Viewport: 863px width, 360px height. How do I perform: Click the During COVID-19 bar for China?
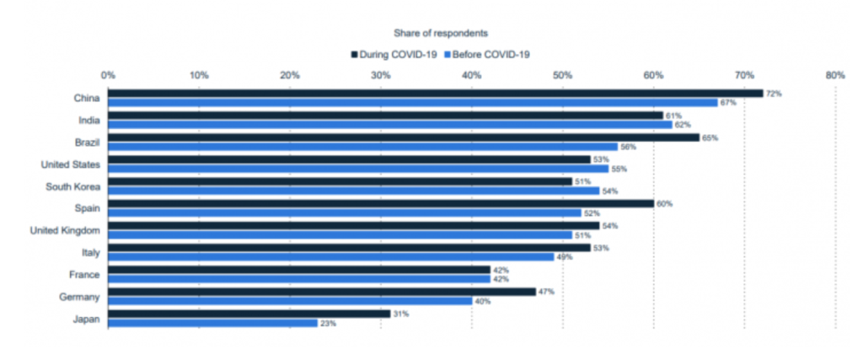click(435, 94)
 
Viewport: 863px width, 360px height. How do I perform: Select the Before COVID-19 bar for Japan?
click(212, 323)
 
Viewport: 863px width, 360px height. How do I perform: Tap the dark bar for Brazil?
click(403, 137)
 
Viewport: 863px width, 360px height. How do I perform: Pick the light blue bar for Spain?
click(344, 212)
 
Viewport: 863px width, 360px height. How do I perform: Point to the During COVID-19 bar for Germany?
click(321, 291)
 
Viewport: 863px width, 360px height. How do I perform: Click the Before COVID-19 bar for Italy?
click(330, 256)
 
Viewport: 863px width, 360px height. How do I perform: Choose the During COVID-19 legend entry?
click(394, 54)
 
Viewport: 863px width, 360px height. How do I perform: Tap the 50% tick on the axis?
click(562, 75)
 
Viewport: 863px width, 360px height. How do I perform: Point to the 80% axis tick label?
click(834, 75)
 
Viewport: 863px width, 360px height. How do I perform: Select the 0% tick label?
click(108, 75)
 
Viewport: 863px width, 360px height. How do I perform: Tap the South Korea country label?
click(73, 186)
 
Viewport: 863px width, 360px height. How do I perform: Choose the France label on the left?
click(86, 274)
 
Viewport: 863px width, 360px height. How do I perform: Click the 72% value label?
click(774, 94)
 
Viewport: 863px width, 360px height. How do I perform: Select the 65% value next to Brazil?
click(710, 137)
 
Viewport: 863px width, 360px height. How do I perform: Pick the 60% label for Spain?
click(664, 203)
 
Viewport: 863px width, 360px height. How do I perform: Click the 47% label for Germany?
click(546, 291)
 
